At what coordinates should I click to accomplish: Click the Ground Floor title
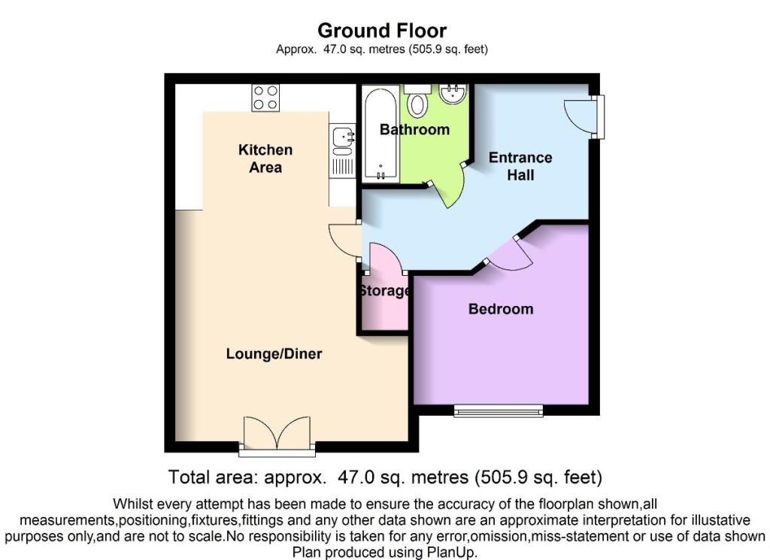(382, 31)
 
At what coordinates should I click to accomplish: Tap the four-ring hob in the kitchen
(265, 98)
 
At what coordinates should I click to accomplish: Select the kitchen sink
(342, 138)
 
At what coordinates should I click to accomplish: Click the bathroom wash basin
(453, 95)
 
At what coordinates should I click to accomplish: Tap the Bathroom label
(414, 129)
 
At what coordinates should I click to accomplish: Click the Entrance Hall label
(520, 166)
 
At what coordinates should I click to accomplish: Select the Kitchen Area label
(265, 158)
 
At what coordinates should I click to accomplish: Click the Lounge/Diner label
(274, 353)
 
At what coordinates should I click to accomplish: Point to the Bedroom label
(500, 309)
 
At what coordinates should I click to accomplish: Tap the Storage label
(383, 291)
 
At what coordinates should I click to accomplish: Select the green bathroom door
(453, 186)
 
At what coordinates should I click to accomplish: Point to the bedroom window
(498, 410)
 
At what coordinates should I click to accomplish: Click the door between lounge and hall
(342, 242)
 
